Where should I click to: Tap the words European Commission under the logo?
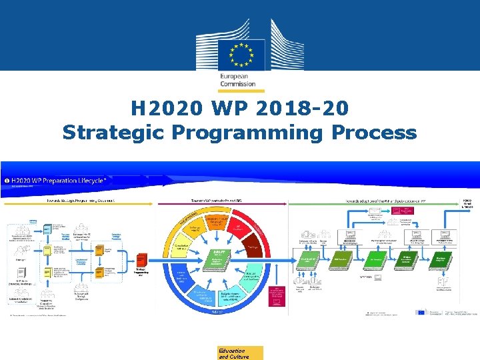click(x=239, y=80)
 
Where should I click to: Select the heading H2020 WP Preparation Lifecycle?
click(x=60, y=180)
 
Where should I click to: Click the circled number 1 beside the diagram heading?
click(x=7, y=180)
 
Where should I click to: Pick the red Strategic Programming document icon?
click(x=141, y=261)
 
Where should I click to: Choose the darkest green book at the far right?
click(x=440, y=259)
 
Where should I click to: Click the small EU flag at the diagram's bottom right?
click(x=421, y=311)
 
